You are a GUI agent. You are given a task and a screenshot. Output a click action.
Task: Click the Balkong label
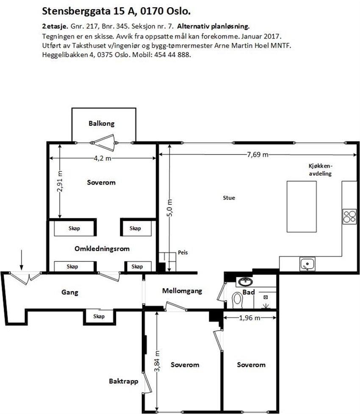[102, 124]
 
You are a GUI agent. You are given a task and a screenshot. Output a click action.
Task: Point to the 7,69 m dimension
[258, 154]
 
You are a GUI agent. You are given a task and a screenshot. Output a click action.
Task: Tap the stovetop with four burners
[349, 216]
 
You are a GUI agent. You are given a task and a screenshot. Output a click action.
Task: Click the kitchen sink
[306, 265]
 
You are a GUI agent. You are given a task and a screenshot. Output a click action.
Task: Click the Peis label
[183, 252]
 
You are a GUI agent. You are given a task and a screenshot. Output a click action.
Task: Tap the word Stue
[229, 198]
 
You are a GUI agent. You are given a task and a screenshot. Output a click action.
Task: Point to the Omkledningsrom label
[102, 248]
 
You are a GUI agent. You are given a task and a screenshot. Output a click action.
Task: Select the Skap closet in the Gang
[99, 316]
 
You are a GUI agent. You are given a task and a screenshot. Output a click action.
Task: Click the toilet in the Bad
[238, 299]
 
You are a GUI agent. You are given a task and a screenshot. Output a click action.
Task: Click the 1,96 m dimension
[249, 318]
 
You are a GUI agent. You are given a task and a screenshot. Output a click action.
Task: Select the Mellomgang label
[182, 291]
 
